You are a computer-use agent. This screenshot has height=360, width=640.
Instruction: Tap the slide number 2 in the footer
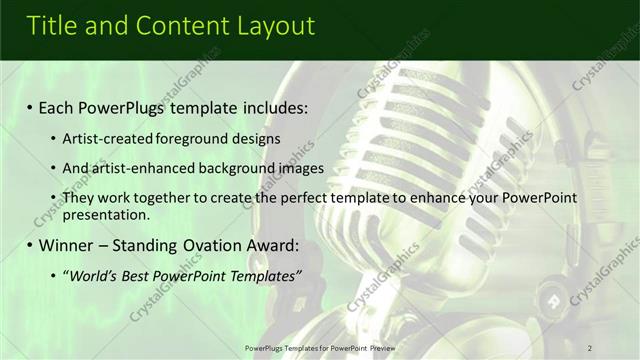(x=590, y=347)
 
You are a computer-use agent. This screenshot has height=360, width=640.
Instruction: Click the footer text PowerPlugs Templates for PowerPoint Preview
(x=319, y=347)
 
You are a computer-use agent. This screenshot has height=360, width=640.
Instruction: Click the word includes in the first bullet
(x=271, y=107)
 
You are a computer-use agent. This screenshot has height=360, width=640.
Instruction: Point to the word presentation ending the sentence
(x=104, y=214)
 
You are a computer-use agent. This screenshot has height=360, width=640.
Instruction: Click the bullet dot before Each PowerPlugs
(x=29, y=107)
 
